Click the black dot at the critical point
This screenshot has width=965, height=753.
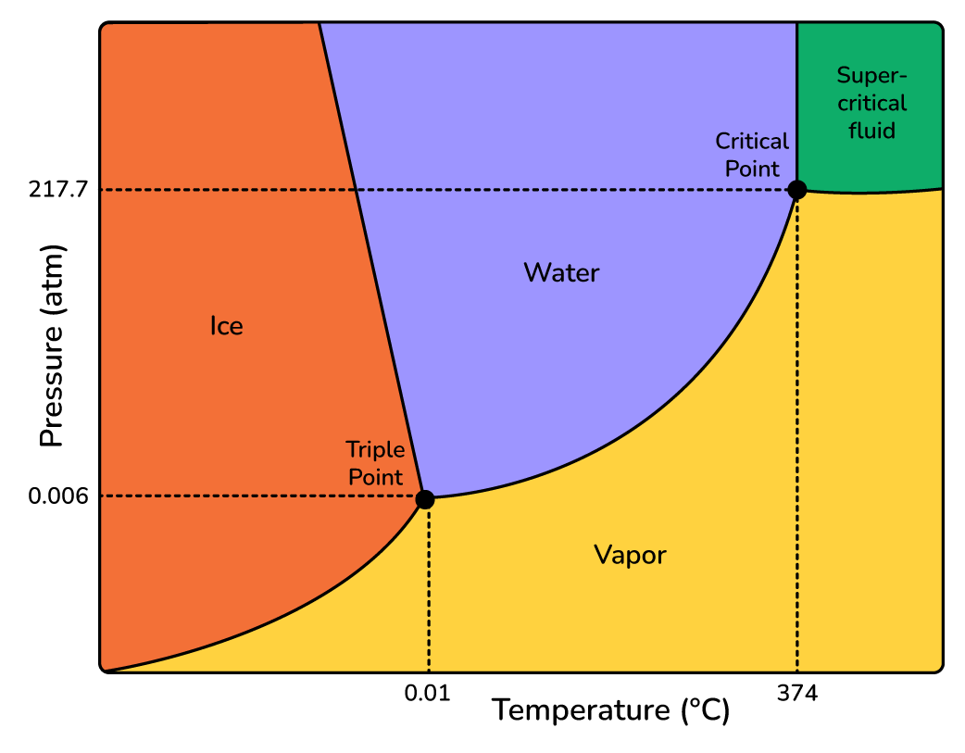point(796,190)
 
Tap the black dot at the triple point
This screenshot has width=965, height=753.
point(425,499)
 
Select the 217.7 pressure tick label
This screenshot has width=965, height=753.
point(58,190)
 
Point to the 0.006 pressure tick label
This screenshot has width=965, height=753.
point(58,496)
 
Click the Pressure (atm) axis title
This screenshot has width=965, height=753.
point(53,346)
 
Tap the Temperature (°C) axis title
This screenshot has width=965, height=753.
point(610,711)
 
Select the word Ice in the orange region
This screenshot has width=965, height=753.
point(226,326)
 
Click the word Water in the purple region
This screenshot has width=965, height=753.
point(561,273)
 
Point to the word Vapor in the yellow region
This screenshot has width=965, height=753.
point(630,556)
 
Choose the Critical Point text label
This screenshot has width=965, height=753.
point(752,155)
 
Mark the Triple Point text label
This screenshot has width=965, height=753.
point(375,463)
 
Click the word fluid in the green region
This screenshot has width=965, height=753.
point(871,131)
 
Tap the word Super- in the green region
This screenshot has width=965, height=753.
point(871,75)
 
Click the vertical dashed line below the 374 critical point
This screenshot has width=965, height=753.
point(797,435)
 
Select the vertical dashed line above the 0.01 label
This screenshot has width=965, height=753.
point(429,593)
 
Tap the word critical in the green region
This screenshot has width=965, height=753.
point(871,103)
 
